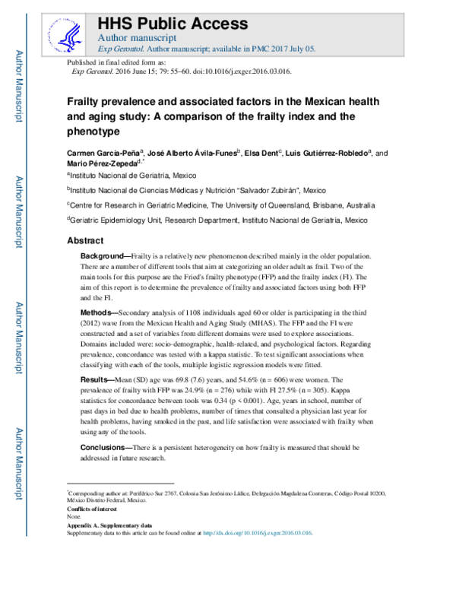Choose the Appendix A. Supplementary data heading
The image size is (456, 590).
[x=109, y=525]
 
